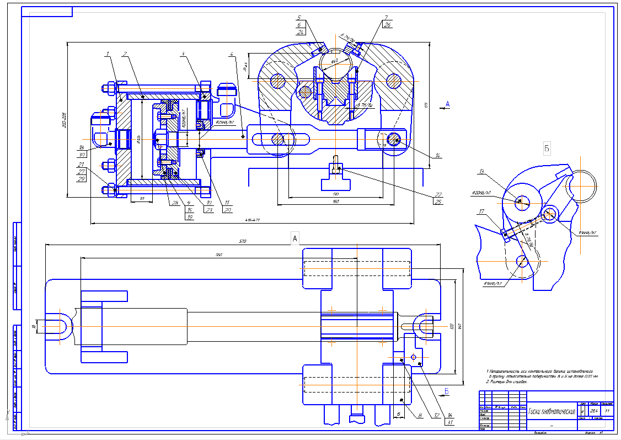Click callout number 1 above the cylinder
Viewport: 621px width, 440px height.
108,54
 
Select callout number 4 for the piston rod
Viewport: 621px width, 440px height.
232,54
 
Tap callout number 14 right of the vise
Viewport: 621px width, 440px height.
437,156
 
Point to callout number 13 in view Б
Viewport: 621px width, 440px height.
481,171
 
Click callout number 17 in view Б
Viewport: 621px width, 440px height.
481,211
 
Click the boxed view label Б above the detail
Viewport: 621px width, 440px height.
547,148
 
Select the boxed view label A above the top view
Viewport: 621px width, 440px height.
295,238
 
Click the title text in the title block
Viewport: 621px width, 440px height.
552,411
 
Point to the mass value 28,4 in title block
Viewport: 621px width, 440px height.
594,411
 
